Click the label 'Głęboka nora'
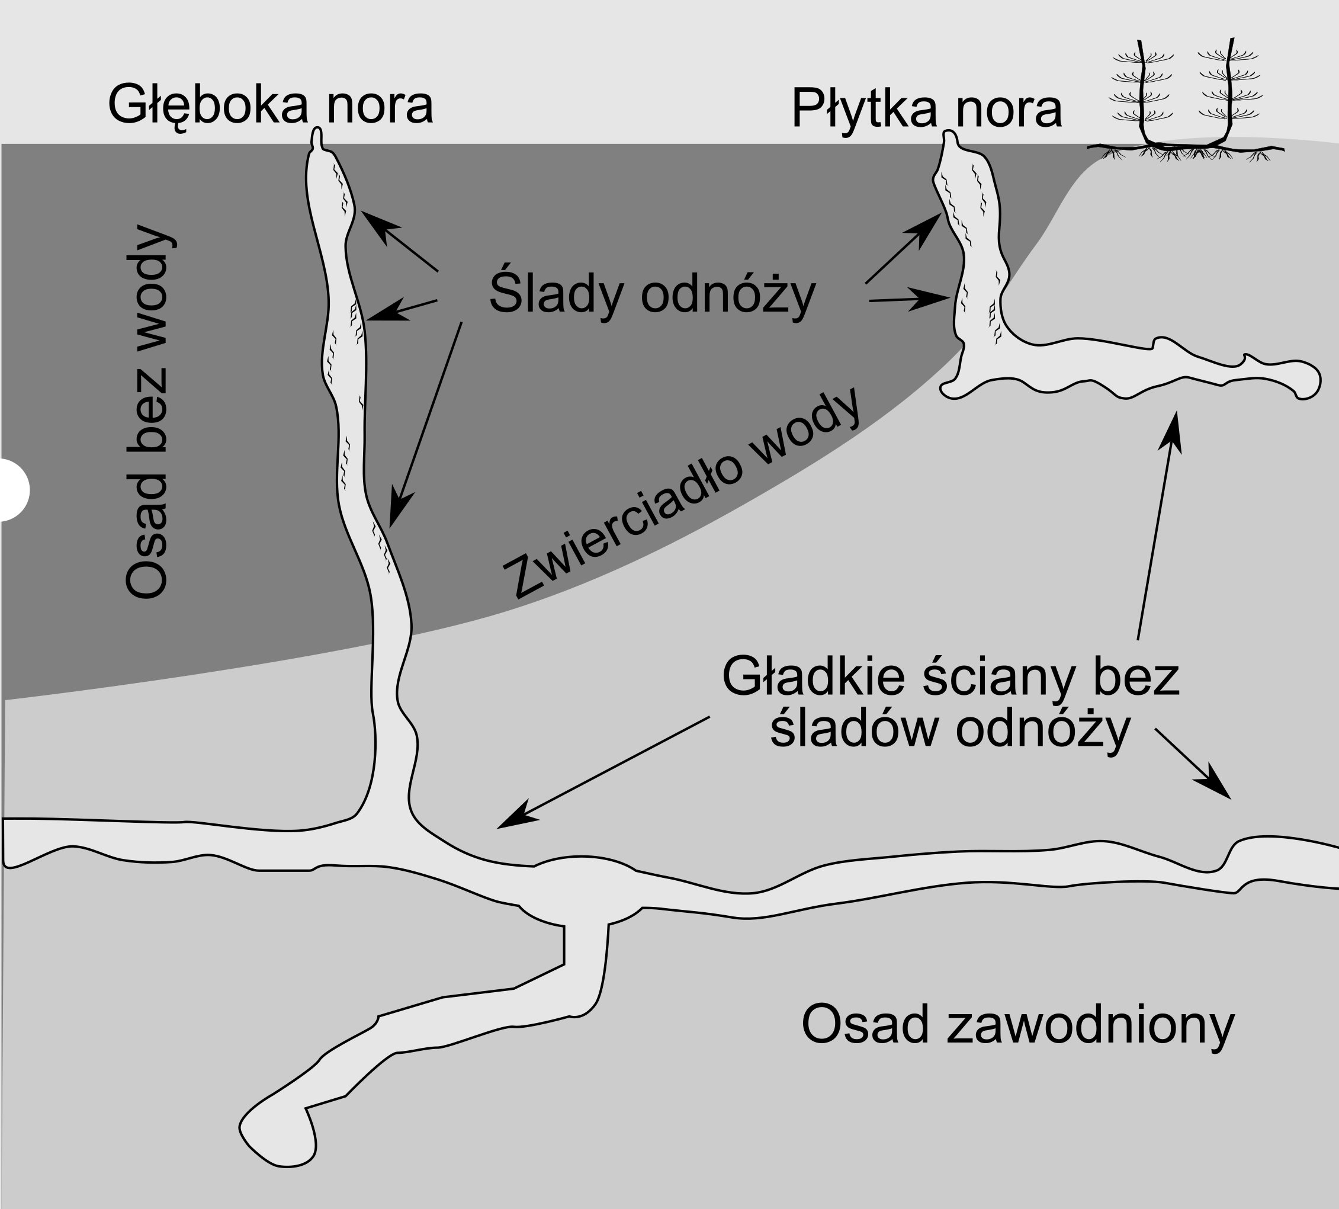[270, 105]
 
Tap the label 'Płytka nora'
[927, 109]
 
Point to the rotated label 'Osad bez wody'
[147, 412]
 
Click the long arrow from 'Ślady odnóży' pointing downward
[426, 425]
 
